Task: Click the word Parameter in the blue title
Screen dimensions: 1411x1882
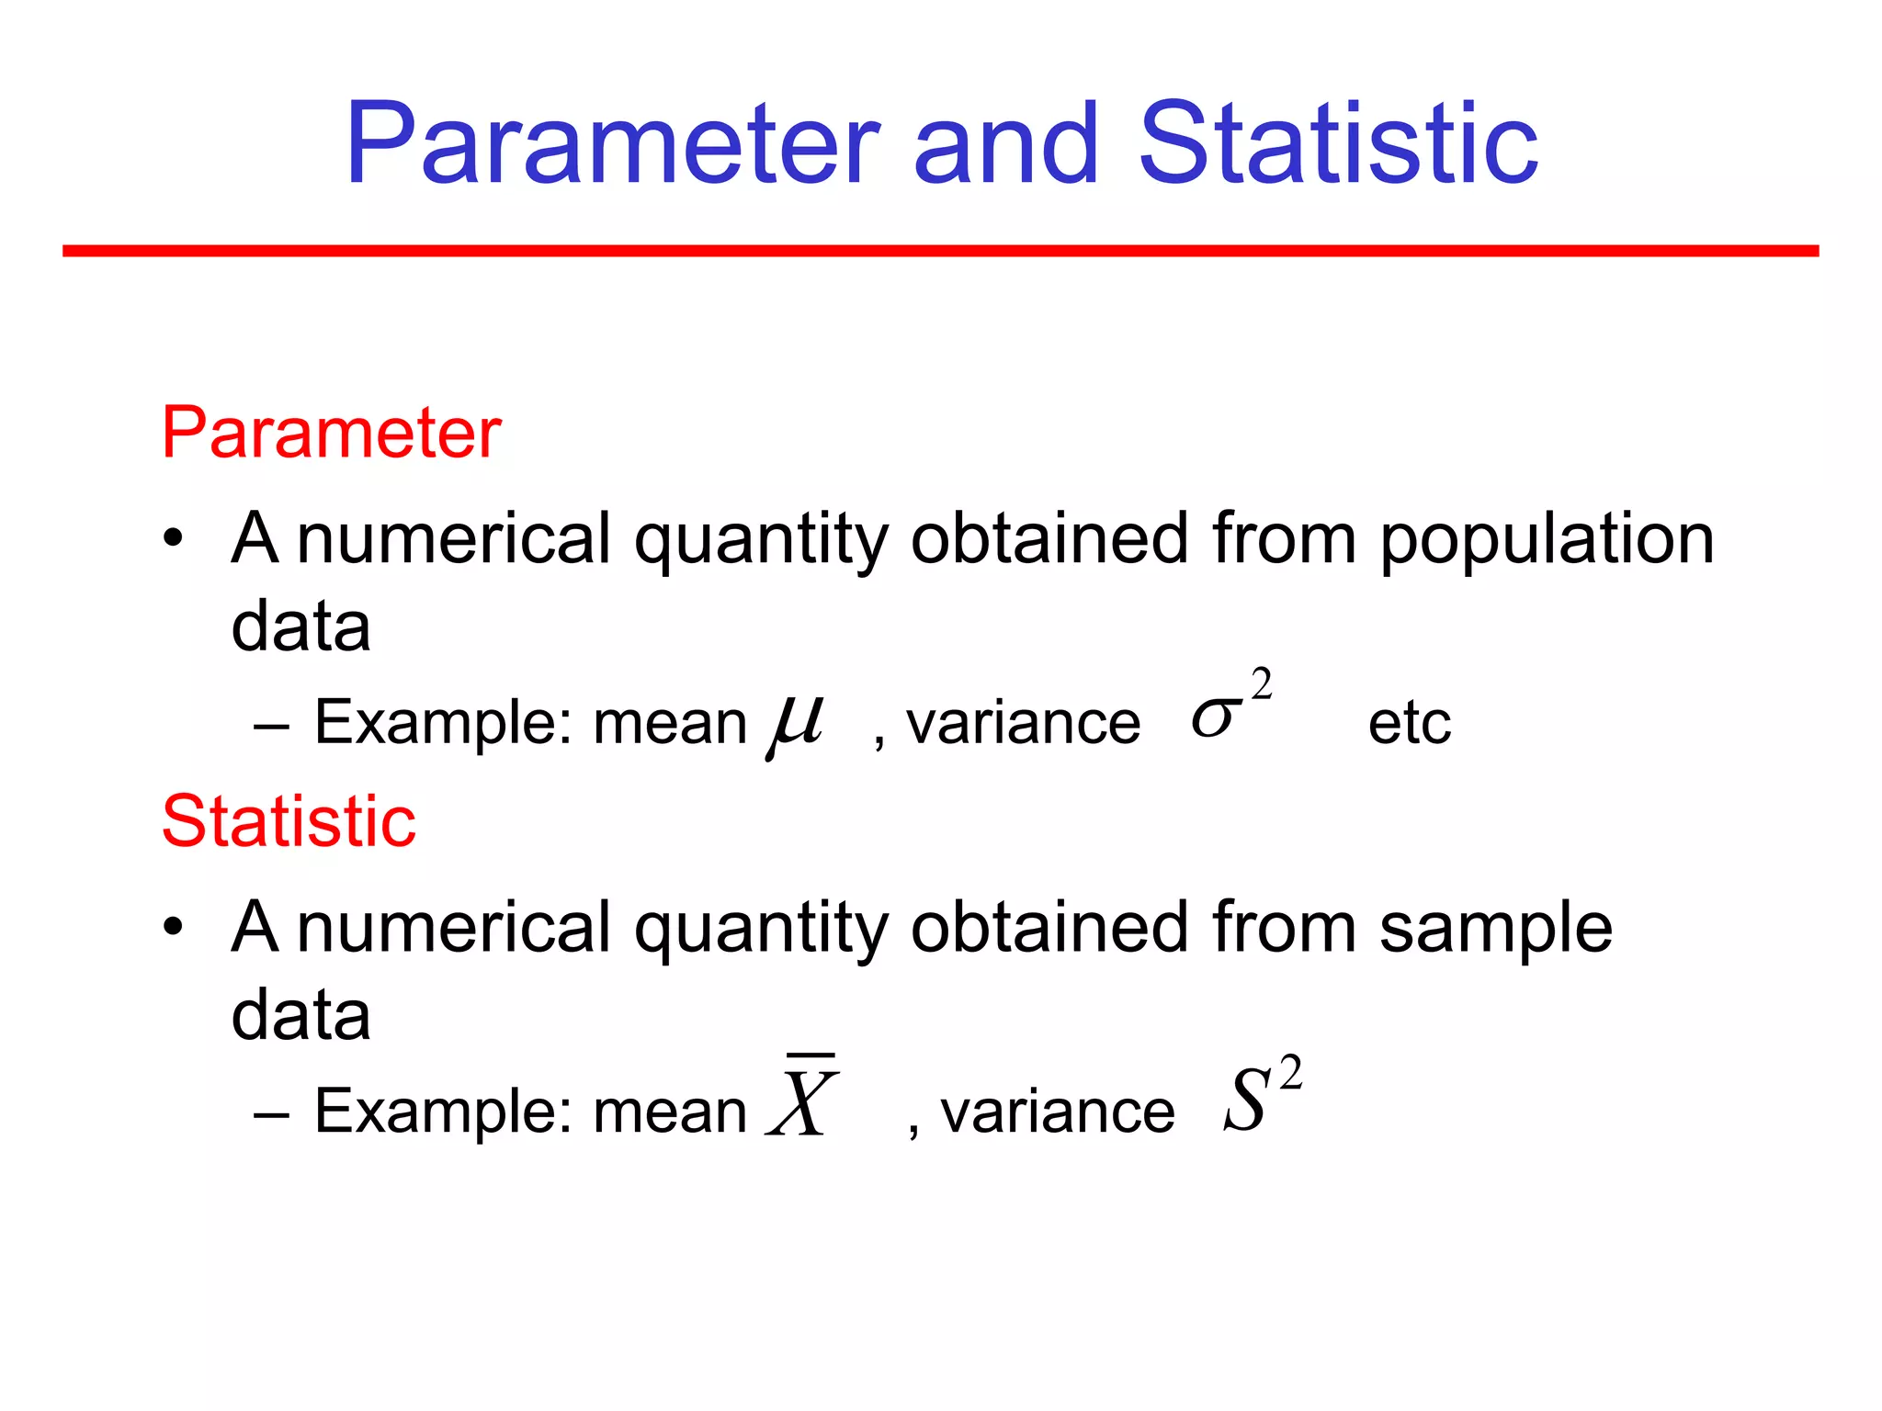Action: [612, 144]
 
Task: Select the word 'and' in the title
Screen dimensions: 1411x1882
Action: [1006, 144]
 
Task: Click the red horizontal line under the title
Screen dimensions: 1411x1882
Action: [940, 251]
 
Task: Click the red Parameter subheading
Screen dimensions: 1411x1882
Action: [331, 433]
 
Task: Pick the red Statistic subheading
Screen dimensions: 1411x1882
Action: [289, 820]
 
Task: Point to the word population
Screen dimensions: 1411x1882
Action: [1547, 539]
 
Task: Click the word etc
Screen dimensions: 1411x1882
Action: [1409, 724]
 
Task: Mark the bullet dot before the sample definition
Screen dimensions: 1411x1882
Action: [174, 927]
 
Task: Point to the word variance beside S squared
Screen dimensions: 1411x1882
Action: [1057, 1112]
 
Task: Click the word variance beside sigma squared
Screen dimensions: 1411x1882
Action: [1023, 724]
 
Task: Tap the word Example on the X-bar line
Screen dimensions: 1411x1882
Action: [435, 1112]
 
